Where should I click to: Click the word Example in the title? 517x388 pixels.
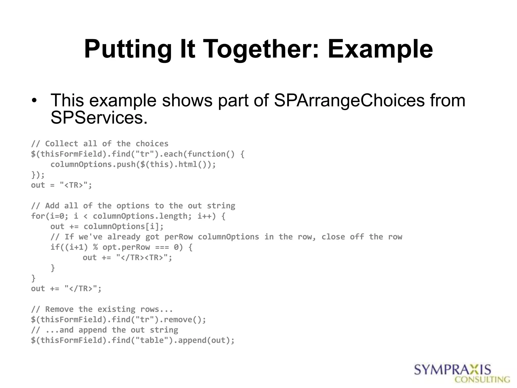pyautogui.click(x=380, y=49)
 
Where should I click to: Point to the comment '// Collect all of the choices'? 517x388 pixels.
pyautogui.click(x=100, y=144)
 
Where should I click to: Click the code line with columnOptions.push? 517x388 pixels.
pyautogui.click(x=133, y=164)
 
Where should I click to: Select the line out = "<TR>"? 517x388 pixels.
pyautogui.click(x=62, y=185)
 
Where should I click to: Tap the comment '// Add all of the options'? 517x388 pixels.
pyautogui.click(x=133, y=206)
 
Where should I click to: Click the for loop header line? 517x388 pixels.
pyautogui.click(x=128, y=216)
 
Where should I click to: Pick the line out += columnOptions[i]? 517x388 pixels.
pyautogui.click(x=107, y=227)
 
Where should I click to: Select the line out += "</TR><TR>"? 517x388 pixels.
pyautogui.click(x=127, y=258)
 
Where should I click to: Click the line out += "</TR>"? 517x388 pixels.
pyautogui.click(x=66, y=288)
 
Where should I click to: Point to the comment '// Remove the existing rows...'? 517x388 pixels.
pyautogui.click(x=102, y=309)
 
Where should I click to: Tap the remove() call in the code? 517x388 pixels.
pyautogui.click(x=185, y=320)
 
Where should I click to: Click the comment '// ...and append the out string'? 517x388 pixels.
pyautogui.click(x=105, y=330)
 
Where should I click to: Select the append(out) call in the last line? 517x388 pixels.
pyautogui.click(x=206, y=341)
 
